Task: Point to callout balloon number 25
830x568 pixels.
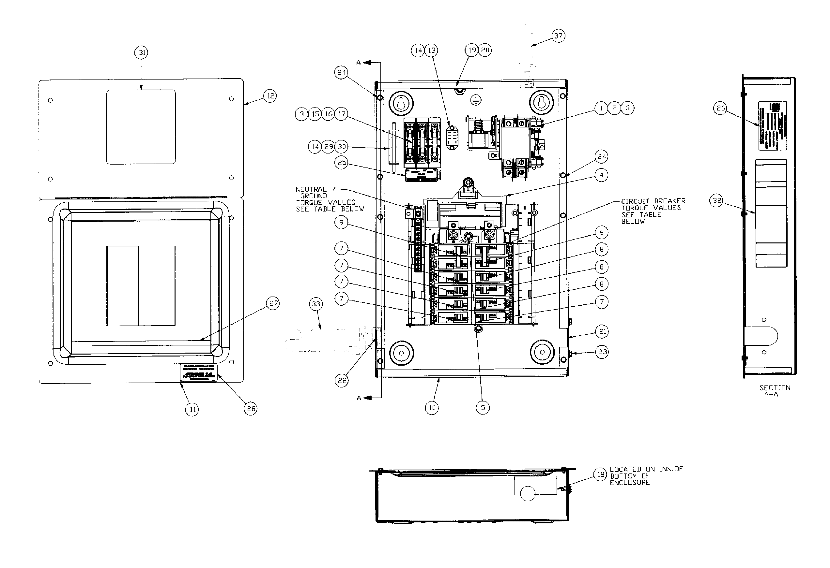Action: point(341,163)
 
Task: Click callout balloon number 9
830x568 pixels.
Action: point(341,222)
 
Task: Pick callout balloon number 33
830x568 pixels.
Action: point(316,304)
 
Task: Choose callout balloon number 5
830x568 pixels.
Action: point(483,407)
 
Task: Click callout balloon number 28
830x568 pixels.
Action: point(250,409)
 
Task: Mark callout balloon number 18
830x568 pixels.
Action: point(600,474)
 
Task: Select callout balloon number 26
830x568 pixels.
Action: point(720,108)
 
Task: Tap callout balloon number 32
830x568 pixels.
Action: point(716,200)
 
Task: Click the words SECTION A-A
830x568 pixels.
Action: point(774,391)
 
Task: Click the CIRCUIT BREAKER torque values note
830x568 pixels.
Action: point(653,211)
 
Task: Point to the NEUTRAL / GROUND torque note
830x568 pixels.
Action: point(329,199)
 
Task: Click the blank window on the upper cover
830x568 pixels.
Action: point(141,127)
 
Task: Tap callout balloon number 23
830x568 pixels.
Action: point(602,352)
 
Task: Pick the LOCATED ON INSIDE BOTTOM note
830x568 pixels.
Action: point(646,475)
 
